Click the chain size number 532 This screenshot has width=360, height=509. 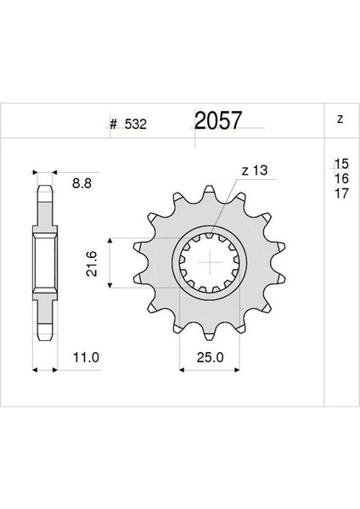133,125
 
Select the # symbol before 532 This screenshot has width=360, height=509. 112,125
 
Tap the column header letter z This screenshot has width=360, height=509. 340,120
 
